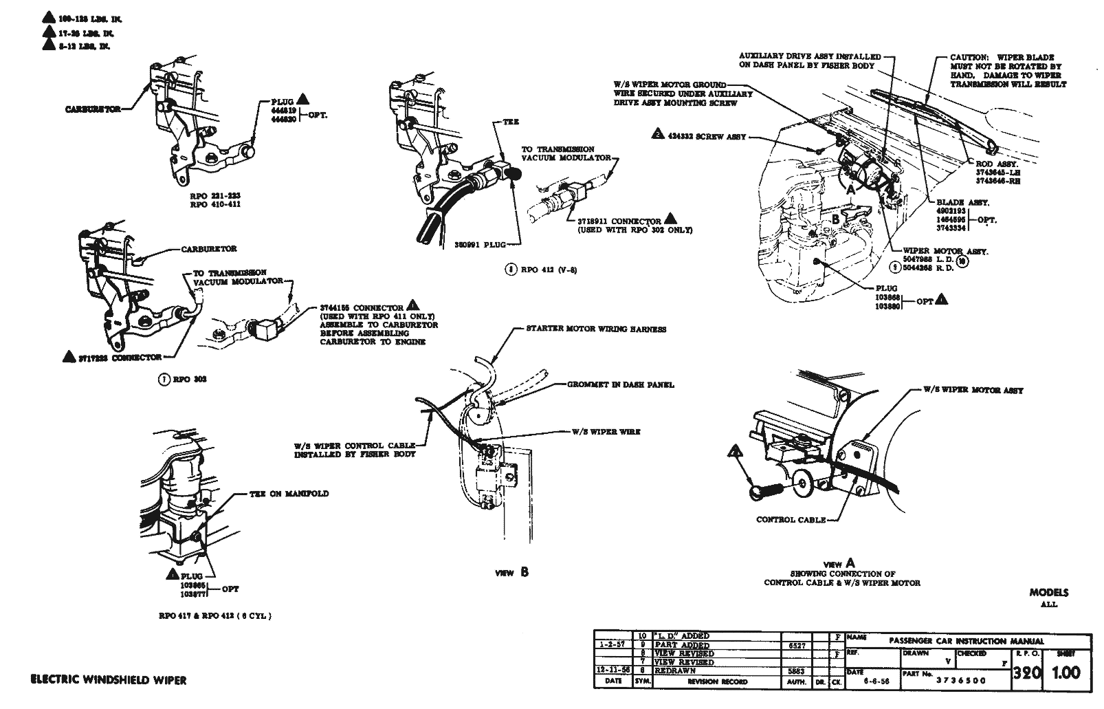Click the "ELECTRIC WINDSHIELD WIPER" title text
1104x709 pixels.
click(x=109, y=680)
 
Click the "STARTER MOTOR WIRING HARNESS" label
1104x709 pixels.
click(x=596, y=329)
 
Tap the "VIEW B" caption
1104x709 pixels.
click(x=513, y=572)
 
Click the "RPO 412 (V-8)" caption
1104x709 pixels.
click(x=541, y=270)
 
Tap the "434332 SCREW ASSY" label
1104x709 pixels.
click(x=707, y=137)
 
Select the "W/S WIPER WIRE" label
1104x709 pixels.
click(x=606, y=432)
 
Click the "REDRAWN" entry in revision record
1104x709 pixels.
click(x=676, y=670)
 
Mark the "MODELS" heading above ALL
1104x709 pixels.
click(x=1049, y=592)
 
